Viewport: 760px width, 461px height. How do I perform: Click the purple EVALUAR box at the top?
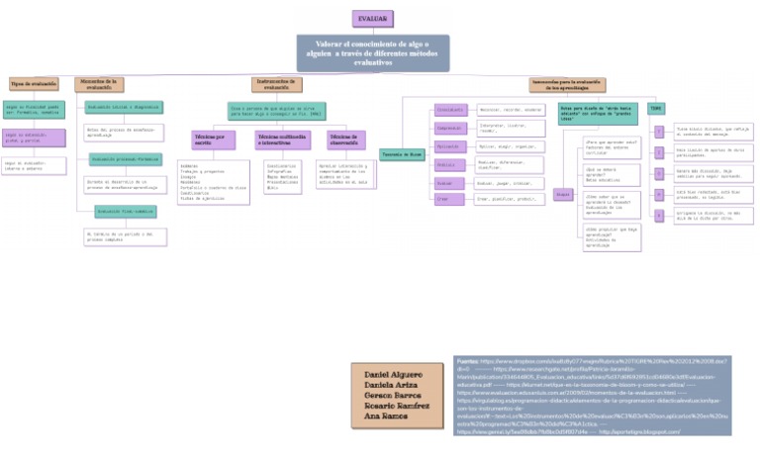click(373, 19)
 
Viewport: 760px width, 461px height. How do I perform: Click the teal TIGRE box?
click(656, 107)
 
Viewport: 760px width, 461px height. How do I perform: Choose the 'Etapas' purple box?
click(561, 195)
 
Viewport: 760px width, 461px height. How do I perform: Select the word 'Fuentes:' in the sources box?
click(467, 362)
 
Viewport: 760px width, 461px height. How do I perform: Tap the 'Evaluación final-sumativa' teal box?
click(122, 211)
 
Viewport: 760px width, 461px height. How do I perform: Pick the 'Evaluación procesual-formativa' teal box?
click(123, 158)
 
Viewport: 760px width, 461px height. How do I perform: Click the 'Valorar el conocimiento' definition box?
click(373, 53)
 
